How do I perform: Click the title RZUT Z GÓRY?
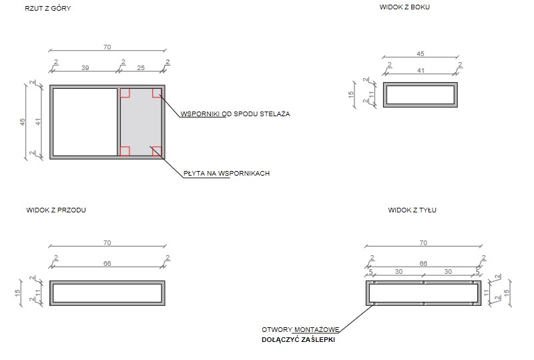47,9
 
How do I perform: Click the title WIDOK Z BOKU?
405,7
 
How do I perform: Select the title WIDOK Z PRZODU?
56,210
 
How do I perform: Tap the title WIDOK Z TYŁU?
412,210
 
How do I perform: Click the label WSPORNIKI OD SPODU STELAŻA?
235,114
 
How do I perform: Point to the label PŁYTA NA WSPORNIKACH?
226,174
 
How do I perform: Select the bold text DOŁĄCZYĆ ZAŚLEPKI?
298,339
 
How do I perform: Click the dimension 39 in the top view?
85,68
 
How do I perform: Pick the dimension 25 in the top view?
140,68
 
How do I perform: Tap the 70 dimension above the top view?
107,47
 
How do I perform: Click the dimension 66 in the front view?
107,264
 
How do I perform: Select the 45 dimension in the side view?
420,53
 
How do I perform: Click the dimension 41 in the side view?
420,69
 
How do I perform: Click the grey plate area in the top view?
141,122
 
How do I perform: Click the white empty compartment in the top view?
85,122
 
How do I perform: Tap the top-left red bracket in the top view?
125,93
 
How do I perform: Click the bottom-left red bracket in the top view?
125,151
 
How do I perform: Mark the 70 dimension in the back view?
423,243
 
